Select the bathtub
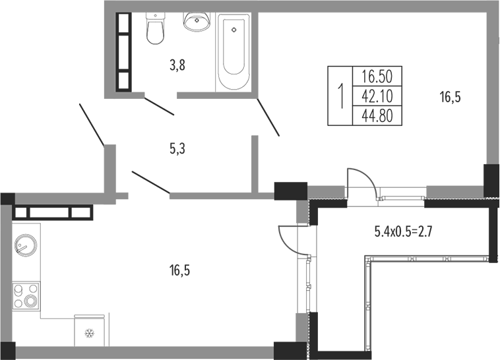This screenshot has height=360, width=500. (234, 52)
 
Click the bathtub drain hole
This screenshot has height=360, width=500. (234, 30)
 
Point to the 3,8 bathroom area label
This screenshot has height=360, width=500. (177, 66)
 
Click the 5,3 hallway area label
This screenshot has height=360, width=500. (177, 148)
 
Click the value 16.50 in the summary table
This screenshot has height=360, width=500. (377, 76)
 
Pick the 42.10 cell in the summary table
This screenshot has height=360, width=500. (377, 96)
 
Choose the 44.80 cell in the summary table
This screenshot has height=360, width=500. (377, 115)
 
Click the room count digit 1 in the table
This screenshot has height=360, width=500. (340, 96)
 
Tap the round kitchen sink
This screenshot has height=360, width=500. (26, 246)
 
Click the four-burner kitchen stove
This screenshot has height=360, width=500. (26, 296)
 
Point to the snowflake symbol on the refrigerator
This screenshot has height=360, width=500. (90, 334)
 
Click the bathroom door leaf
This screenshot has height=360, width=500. (159, 106)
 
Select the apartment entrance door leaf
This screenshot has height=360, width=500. (92, 125)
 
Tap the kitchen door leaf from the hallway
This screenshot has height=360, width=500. (151, 183)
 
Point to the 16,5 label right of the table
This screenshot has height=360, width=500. (451, 97)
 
